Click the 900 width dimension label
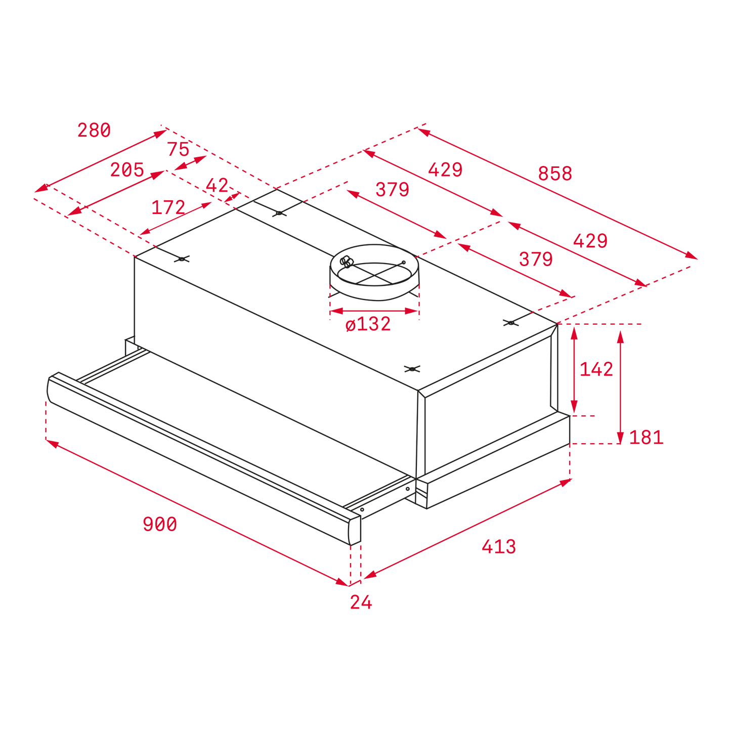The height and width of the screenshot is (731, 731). point(160,524)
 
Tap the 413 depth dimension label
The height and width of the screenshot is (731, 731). point(498,547)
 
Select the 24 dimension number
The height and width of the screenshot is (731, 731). point(361,602)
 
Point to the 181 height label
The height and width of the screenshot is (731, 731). point(646,438)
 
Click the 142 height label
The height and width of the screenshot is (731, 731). point(596,369)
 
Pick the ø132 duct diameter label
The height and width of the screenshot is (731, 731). point(368,324)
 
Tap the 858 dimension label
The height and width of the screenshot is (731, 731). point(555,174)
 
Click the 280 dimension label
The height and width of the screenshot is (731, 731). point(94,130)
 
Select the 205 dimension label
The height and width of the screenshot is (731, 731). point(127,169)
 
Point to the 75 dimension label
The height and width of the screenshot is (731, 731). point(178,149)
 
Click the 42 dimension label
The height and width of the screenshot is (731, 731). point(217,185)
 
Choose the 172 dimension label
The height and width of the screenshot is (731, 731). point(168,207)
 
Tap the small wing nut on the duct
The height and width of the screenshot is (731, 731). point(346,262)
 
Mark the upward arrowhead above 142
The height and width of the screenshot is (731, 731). point(574,333)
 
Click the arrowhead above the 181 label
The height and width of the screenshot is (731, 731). point(620,337)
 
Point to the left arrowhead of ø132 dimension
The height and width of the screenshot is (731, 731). point(336,311)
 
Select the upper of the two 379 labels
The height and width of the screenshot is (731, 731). point(392,189)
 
